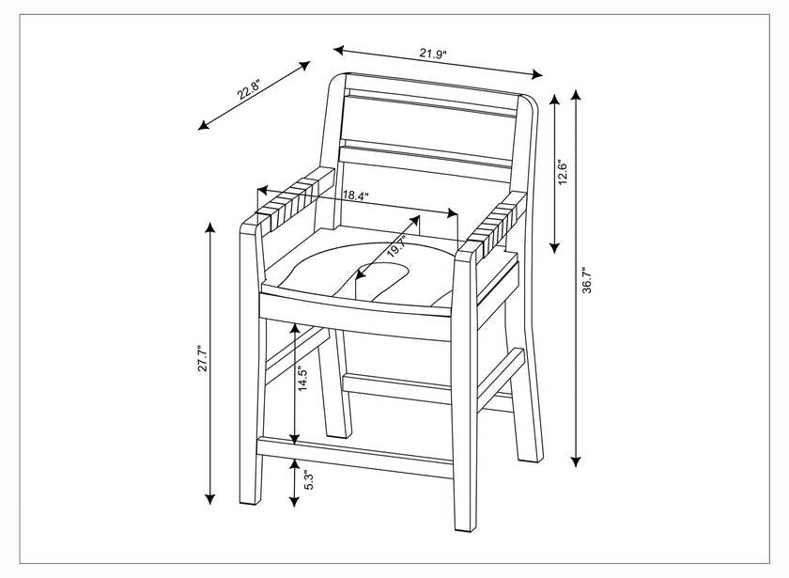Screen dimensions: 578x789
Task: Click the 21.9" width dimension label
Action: pos(433,55)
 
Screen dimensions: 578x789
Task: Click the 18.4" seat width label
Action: pos(355,196)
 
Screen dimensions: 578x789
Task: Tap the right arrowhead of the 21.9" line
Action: pos(538,75)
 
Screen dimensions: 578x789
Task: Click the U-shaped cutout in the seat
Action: pos(380,275)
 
